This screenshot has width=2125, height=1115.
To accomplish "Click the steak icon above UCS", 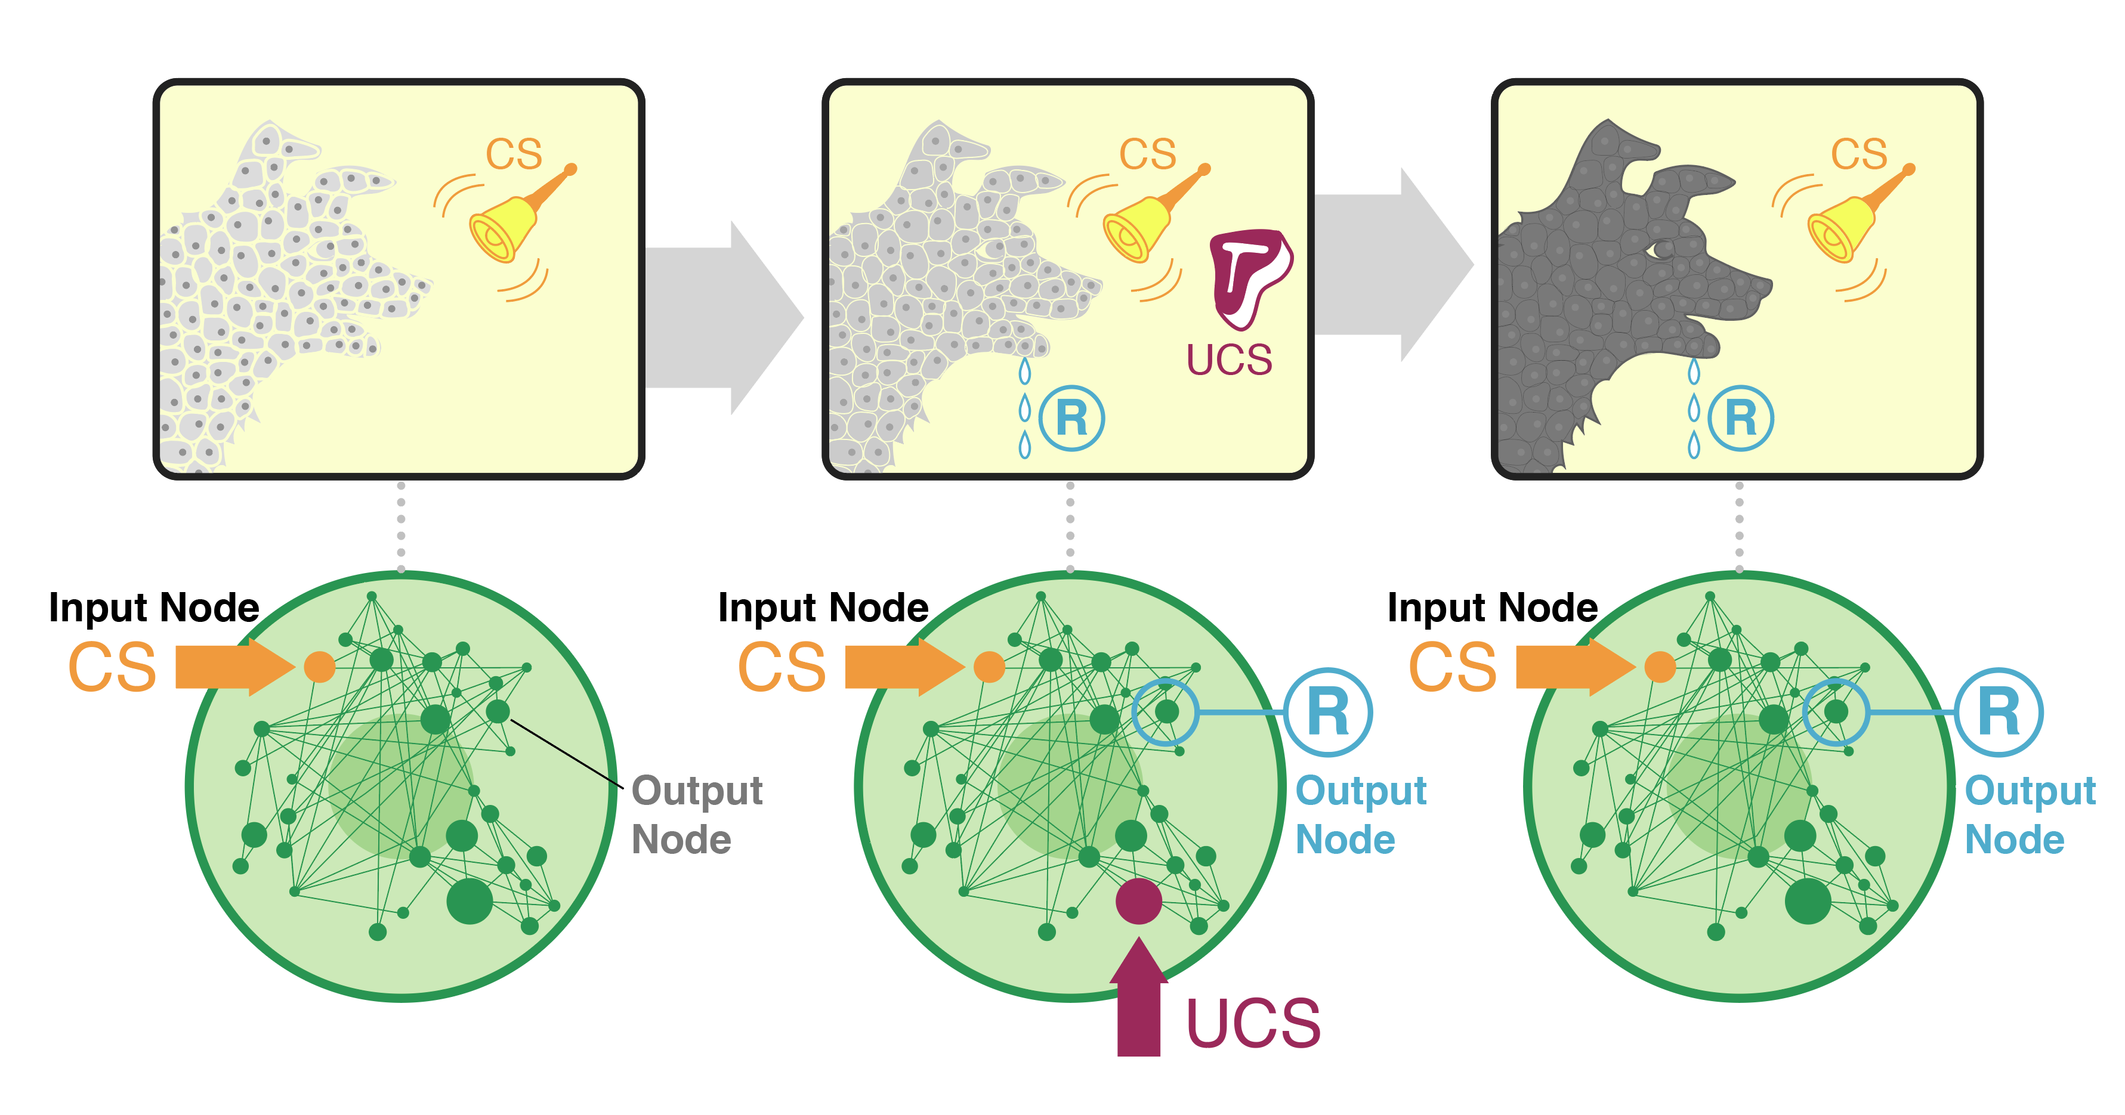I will pyautogui.click(x=1250, y=276).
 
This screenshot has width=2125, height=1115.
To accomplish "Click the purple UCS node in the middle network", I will pyautogui.click(x=1138, y=902).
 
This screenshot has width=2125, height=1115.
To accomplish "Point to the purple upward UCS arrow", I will pyautogui.click(x=1138, y=1002).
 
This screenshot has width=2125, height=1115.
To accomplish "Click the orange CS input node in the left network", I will pyautogui.click(x=319, y=667).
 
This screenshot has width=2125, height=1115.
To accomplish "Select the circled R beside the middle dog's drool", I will pyautogui.click(x=1071, y=418).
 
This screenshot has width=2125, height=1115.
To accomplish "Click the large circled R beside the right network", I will pyautogui.click(x=1998, y=713).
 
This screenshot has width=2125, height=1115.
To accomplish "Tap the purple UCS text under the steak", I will pyautogui.click(x=1228, y=360).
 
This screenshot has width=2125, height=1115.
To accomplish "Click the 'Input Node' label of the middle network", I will pyautogui.click(x=823, y=608).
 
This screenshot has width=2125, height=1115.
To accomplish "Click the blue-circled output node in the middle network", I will pyautogui.click(x=1166, y=711).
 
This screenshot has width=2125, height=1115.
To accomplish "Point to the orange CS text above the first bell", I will pyautogui.click(x=513, y=154).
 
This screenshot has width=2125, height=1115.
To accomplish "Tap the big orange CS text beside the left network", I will pyautogui.click(x=112, y=667).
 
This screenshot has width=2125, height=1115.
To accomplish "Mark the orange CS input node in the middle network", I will pyautogui.click(x=989, y=667).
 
